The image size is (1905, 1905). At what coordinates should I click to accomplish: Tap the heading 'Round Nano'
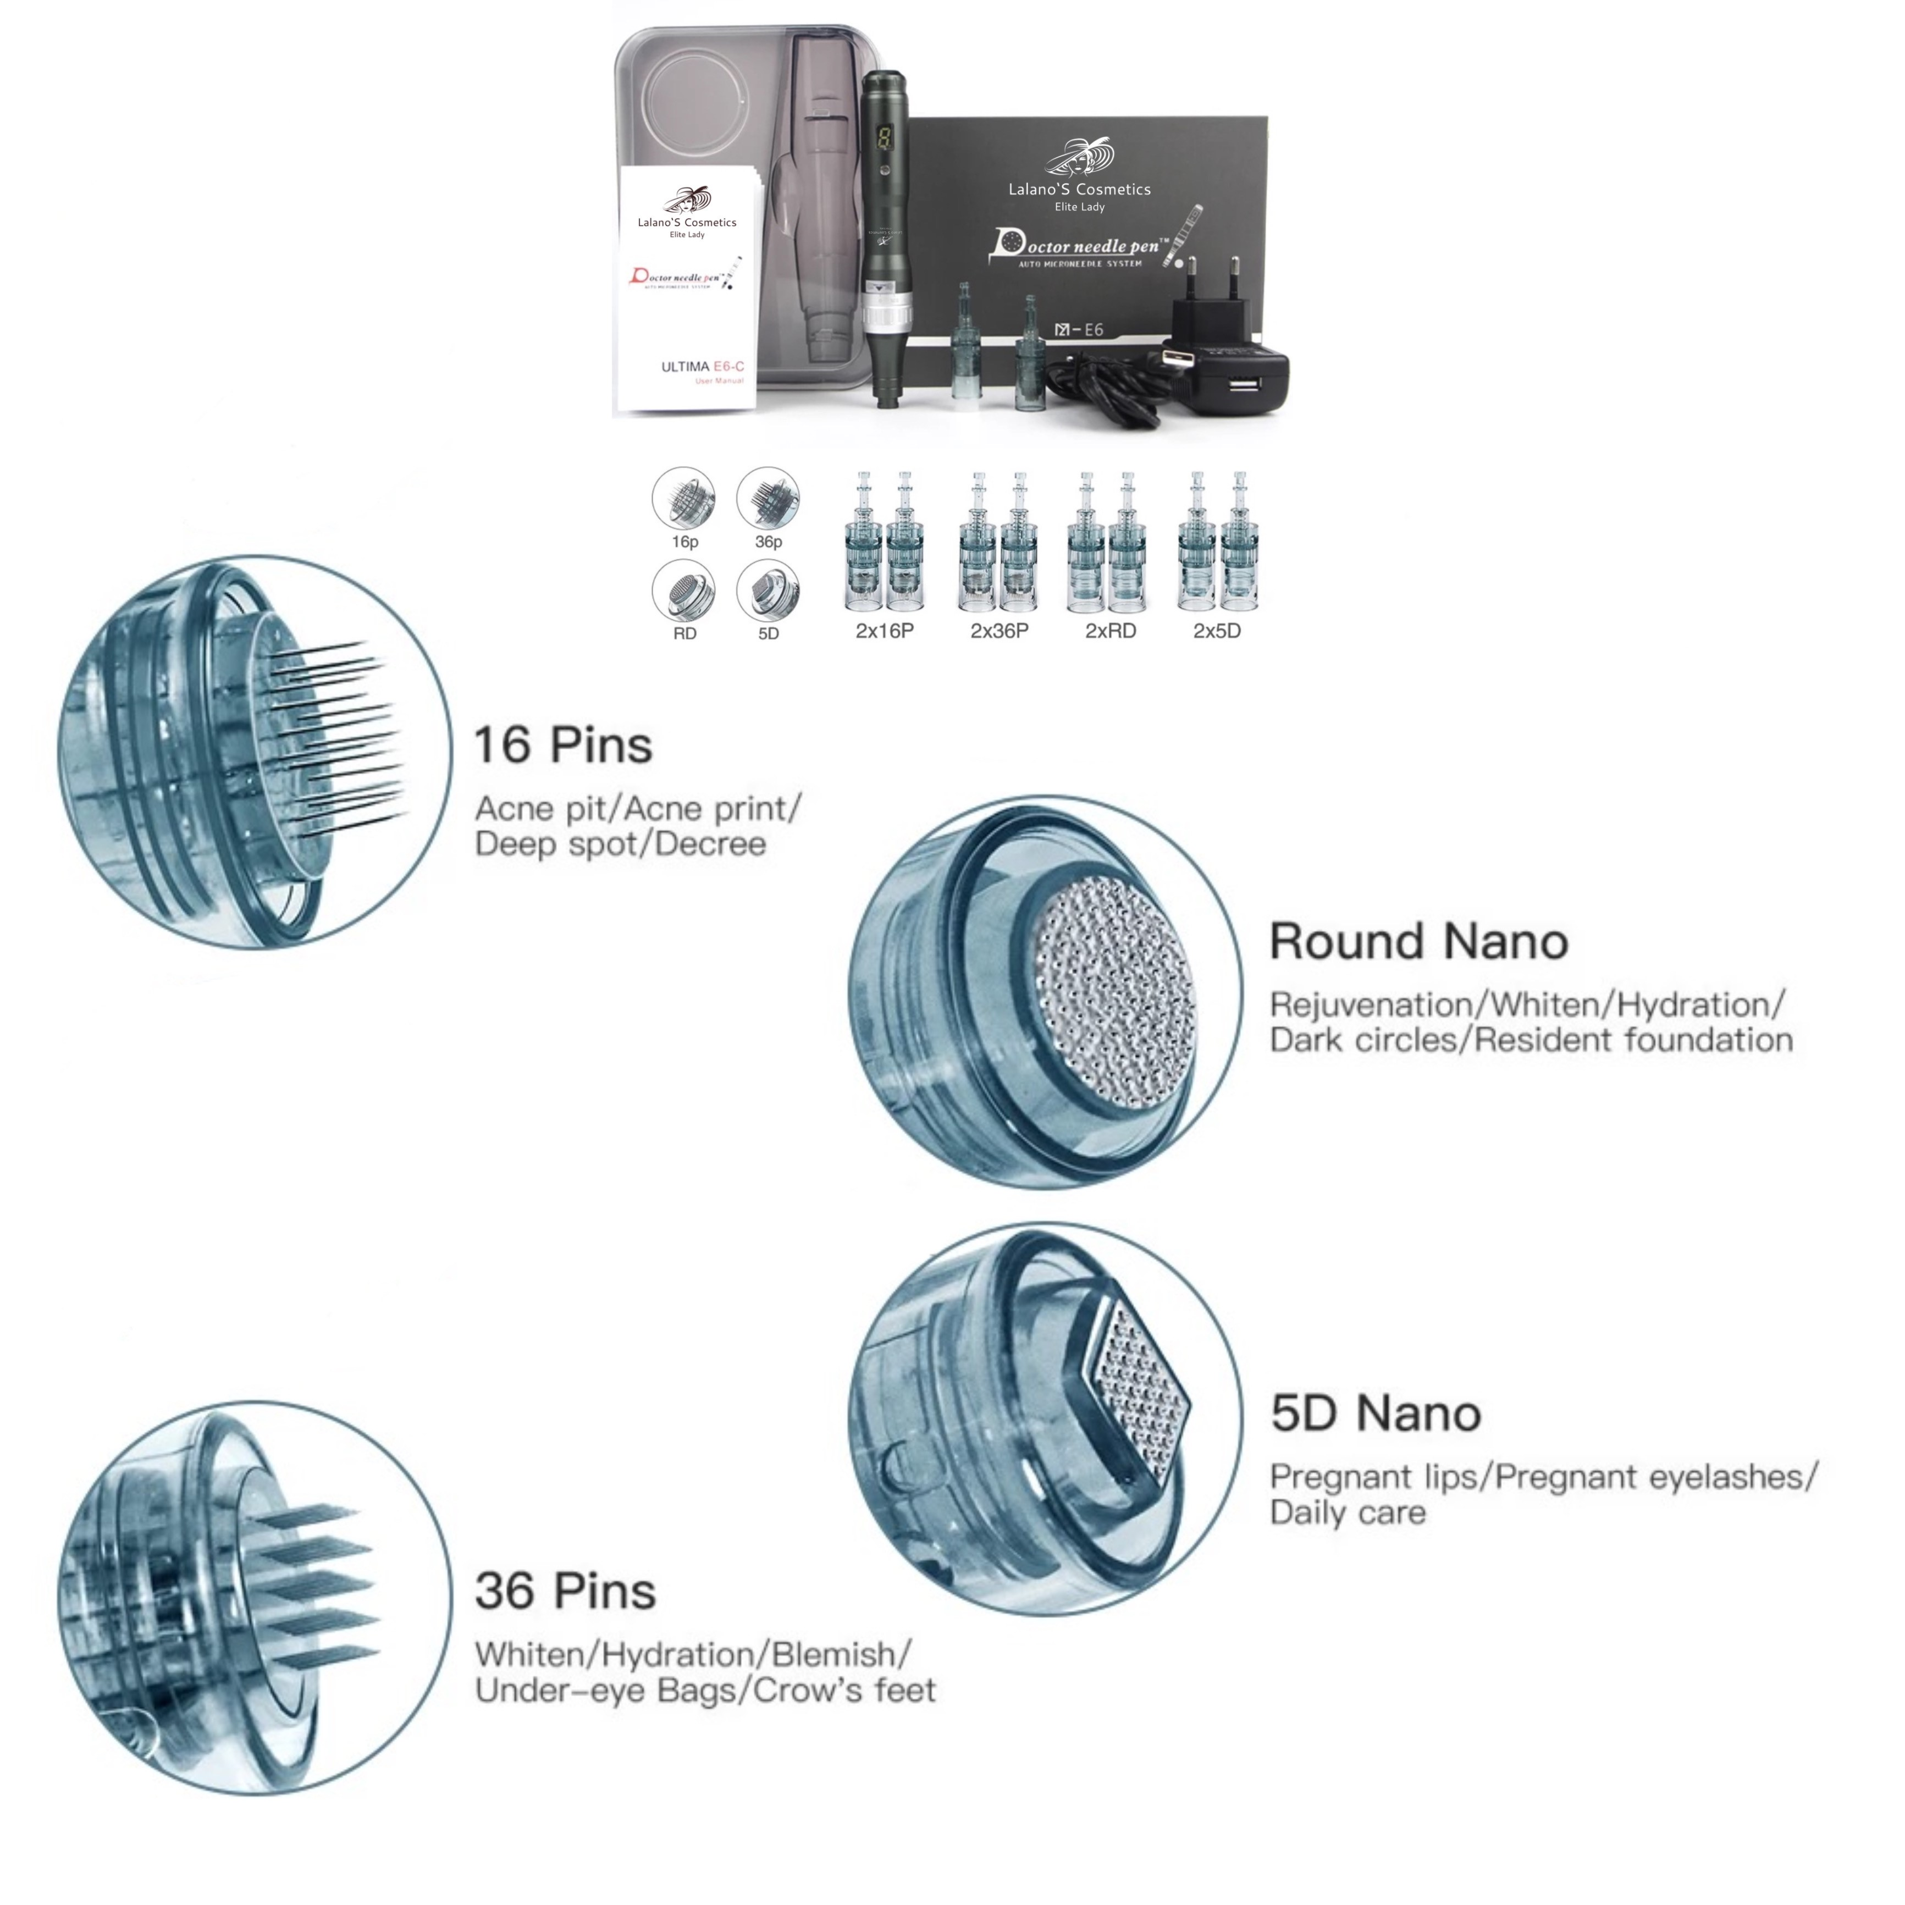1418,942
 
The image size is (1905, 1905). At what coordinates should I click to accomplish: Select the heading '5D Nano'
1376,1414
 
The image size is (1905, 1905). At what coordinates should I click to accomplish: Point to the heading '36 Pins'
565,1592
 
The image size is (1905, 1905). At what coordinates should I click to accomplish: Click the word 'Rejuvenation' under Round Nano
1371,1005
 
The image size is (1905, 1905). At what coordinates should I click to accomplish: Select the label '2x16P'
885,631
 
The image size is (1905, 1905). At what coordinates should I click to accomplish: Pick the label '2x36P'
999,631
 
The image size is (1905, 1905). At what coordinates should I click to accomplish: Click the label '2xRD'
1110,631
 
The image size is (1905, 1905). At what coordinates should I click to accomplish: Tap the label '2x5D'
1217,631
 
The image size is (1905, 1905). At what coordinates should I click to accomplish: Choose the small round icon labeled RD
683,592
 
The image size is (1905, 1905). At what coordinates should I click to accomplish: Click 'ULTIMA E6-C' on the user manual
702,367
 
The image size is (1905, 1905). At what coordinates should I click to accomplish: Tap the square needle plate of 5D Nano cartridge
1137,1392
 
